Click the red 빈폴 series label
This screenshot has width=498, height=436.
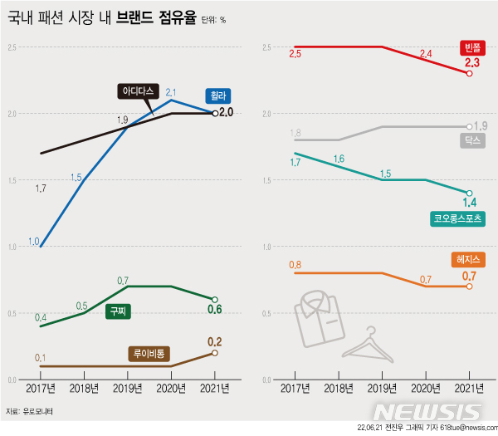click(471, 47)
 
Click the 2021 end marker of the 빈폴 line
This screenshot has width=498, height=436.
click(470, 74)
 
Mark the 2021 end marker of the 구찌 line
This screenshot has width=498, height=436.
click(215, 300)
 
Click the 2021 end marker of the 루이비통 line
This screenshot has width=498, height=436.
click(215, 353)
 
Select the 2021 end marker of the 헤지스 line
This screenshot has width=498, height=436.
click(470, 287)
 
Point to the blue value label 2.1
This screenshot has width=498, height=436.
click(171, 92)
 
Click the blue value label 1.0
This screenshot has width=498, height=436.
click(34, 242)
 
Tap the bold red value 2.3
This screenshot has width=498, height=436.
click(472, 62)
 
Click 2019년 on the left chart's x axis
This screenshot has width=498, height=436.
click(128, 388)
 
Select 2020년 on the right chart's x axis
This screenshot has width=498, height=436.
click(426, 388)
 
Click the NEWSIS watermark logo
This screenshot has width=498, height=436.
click(427, 412)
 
